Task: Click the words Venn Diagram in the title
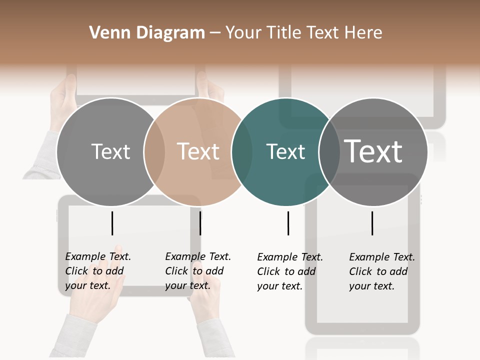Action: coord(147,33)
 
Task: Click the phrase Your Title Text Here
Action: coord(303,33)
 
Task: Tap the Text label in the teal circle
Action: coord(285,152)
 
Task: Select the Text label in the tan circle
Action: coord(198,152)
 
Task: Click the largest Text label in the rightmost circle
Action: coord(373,151)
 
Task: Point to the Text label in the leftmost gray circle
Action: coord(110,152)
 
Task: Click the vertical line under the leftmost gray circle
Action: coord(112,223)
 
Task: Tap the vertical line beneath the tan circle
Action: coord(200,223)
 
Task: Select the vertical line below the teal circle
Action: coord(288,223)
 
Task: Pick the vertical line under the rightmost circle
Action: coord(372,223)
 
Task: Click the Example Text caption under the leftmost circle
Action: coord(97,271)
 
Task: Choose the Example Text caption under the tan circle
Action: coord(197,271)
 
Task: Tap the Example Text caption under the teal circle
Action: coord(289,271)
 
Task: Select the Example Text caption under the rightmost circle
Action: coord(381,271)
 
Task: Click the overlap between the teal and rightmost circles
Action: coord(329,152)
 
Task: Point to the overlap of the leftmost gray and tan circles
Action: coord(154,152)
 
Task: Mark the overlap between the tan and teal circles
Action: coord(242,152)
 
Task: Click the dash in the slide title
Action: coord(215,33)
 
